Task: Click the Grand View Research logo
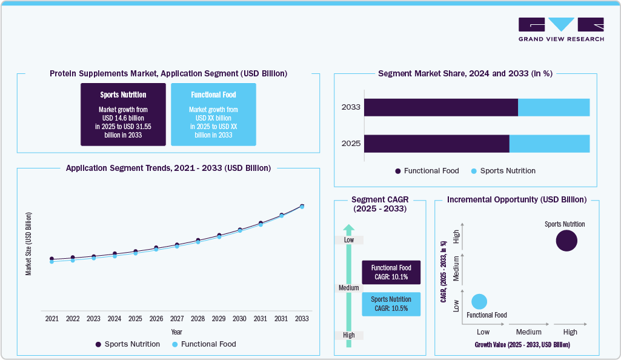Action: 560,29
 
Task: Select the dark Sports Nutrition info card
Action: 123,115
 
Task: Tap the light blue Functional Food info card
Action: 213,115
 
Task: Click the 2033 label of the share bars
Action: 351,107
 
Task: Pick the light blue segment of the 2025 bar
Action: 549,144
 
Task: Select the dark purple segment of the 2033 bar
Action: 440,107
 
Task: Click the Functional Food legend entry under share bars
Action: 427,171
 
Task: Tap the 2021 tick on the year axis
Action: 51,318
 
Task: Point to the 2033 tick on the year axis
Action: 302,318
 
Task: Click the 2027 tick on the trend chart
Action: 177,318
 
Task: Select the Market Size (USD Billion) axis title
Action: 28,244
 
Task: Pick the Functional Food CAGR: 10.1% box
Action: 391,272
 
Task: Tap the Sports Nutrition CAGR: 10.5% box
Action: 391,304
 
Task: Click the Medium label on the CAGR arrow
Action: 349,288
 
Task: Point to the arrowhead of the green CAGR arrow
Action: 348,229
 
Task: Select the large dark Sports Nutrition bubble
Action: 566,241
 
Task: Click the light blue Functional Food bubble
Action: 479,301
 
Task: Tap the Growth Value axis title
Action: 522,344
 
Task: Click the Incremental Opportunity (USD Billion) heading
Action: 516,199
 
